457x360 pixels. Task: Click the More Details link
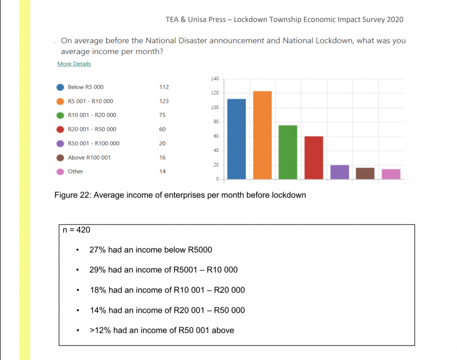coord(74,64)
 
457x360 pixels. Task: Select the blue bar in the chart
coord(237,139)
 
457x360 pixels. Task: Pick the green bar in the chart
coord(288,152)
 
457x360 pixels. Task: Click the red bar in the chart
coord(314,158)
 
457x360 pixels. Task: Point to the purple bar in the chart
coord(340,172)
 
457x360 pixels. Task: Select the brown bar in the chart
coord(365,174)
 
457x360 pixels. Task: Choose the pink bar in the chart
coord(391,174)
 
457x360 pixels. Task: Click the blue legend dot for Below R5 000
coord(60,87)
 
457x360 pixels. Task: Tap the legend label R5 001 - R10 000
coord(90,101)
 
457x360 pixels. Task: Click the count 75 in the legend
coord(162,115)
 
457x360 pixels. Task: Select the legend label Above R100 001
coord(89,158)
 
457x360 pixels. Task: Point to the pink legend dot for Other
coord(60,172)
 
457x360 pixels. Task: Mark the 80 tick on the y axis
coord(215,122)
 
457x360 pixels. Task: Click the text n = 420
coord(77,230)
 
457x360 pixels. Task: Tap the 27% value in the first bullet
coord(97,250)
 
